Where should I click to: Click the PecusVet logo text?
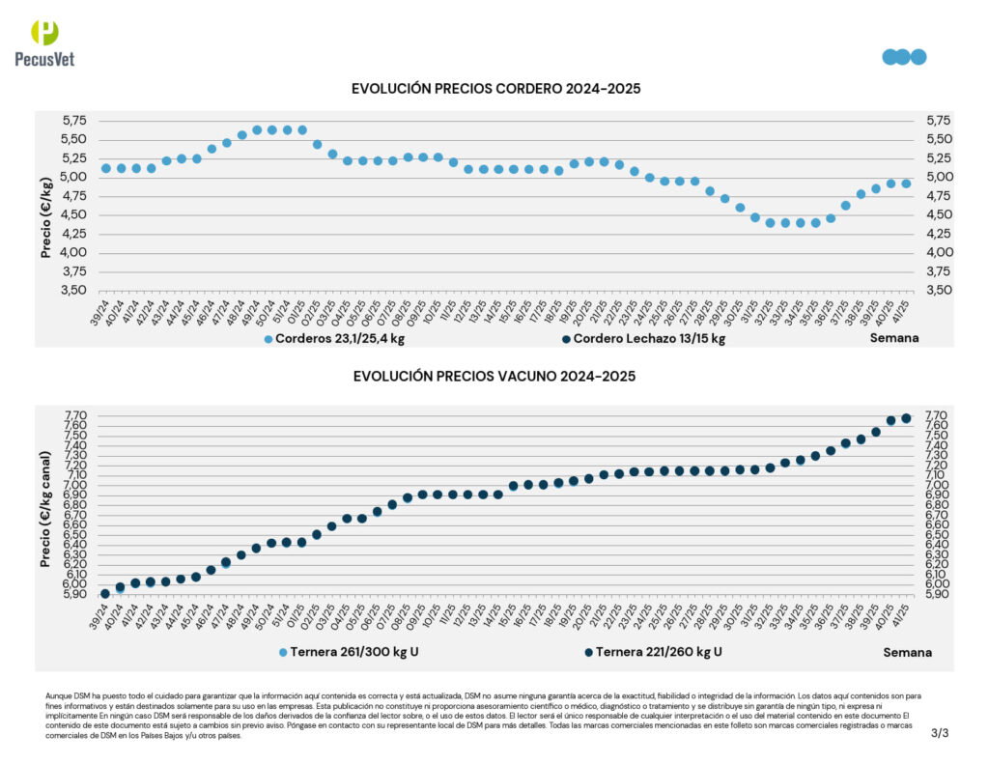[44, 59]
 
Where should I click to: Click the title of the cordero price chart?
[495, 89]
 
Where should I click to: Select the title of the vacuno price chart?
[494, 377]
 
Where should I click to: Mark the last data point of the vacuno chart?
[906, 418]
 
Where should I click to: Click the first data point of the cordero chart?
[105, 168]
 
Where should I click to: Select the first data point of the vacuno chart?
[105, 593]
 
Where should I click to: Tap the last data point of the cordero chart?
[906, 184]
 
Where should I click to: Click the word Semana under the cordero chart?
[894, 338]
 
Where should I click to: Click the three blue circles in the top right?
[904, 57]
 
